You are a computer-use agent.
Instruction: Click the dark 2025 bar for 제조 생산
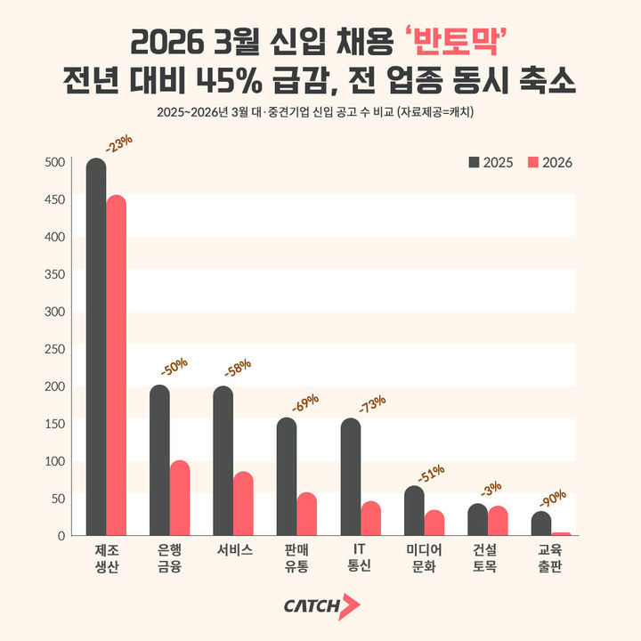[95, 347]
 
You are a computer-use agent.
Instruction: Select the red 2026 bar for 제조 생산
[116, 365]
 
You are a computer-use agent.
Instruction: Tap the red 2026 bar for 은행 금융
[180, 498]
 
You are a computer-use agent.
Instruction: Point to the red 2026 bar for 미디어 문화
[434, 523]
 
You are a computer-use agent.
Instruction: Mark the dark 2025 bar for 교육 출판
[541, 523]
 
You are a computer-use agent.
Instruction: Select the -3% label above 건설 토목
[491, 489]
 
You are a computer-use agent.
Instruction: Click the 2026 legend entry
[550, 162]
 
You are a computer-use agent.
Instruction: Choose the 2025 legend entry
[491, 162]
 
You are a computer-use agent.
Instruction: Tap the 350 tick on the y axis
[55, 274]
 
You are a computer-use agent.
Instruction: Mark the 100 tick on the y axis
[55, 461]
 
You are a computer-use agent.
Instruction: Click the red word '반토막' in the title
[456, 42]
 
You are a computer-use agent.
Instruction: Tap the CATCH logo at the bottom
[321, 606]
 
